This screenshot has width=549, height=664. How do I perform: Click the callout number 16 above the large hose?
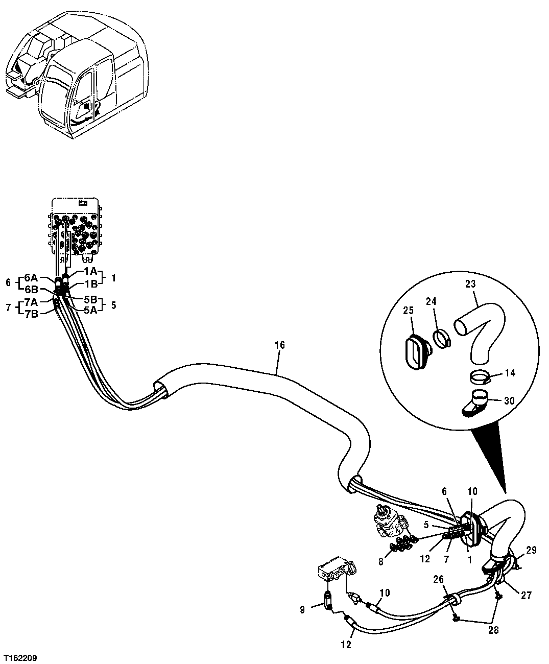point(279,345)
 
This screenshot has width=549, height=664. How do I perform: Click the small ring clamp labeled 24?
point(442,338)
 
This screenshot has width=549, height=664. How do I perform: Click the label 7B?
point(31,313)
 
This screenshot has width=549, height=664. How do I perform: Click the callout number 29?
point(531,551)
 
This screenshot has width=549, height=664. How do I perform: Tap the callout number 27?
point(526,595)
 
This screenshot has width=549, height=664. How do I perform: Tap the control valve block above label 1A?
point(76,230)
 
